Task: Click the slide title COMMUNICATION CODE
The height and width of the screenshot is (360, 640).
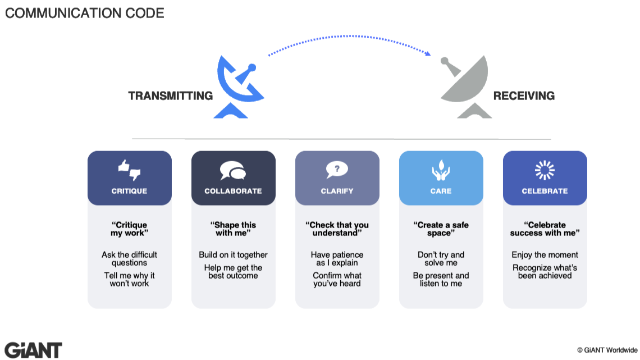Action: coord(85,13)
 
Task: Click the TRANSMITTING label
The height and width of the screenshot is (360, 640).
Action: coord(171,96)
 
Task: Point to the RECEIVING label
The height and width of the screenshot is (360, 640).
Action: coord(524,96)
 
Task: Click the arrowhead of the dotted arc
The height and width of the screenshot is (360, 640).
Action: coord(428,54)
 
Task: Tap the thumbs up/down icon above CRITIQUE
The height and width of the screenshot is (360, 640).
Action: coord(129,169)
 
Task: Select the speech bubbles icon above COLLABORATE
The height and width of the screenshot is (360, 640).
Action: coord(233,170)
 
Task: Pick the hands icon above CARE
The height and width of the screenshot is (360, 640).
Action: coord(441,170)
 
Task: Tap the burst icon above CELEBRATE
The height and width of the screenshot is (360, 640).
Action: coord(545,170)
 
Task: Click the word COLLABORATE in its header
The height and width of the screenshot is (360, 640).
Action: coord(233,191)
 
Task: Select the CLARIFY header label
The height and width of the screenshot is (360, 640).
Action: coord(337,191)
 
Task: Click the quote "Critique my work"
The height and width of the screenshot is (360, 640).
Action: coord(129,229)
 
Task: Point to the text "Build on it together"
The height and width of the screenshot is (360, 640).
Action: coord(233,255)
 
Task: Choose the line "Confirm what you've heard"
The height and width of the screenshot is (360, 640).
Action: coord(337,279)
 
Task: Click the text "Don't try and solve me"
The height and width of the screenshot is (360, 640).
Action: coord(441,259)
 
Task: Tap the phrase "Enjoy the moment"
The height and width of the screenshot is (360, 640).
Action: coord(545,255)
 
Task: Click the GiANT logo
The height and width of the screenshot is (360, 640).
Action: coord(33,349)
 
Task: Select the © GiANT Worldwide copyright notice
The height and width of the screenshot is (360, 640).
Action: coord(607,350)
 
